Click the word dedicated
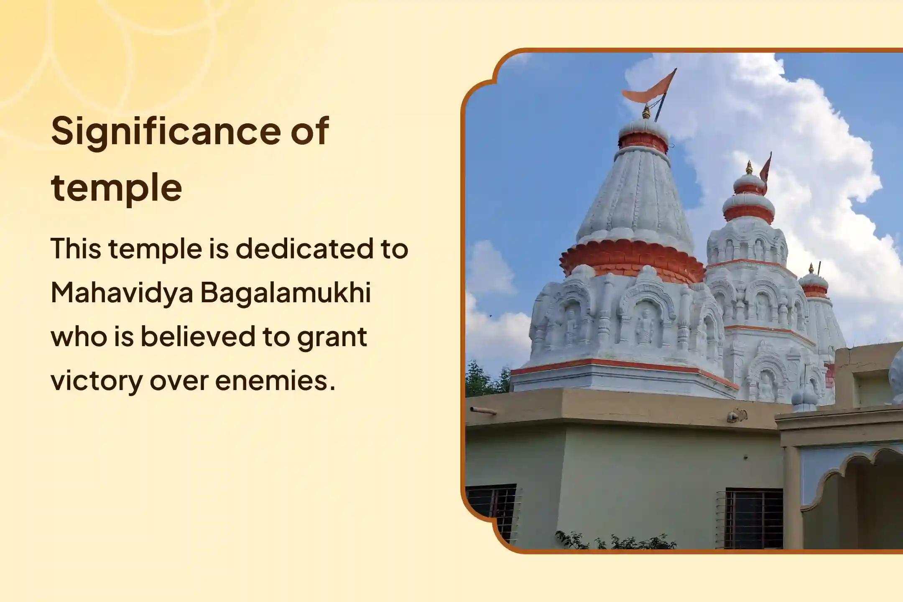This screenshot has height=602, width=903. pyautogui.click(x=304, y=249)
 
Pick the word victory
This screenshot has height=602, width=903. pyautogui.click(x=96, y=381)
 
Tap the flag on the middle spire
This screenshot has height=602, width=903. pyautogui.click(x=765, y=171)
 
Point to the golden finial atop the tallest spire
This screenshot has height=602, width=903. pyautogui.click(x=647, y=112)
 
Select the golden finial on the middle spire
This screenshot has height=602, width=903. pyautogui.click(x=749, y=168)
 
